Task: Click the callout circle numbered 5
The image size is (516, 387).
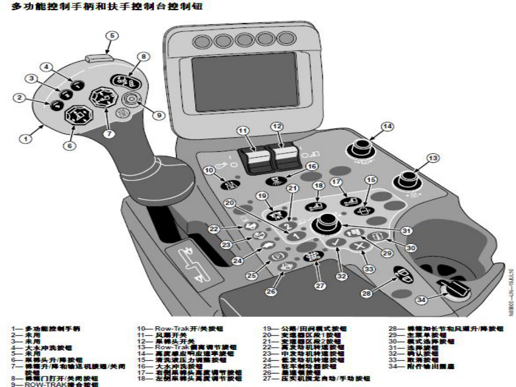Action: coord(111,35)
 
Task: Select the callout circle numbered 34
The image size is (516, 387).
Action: coord(421,301)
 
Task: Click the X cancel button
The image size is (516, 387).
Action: coord(359,245)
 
